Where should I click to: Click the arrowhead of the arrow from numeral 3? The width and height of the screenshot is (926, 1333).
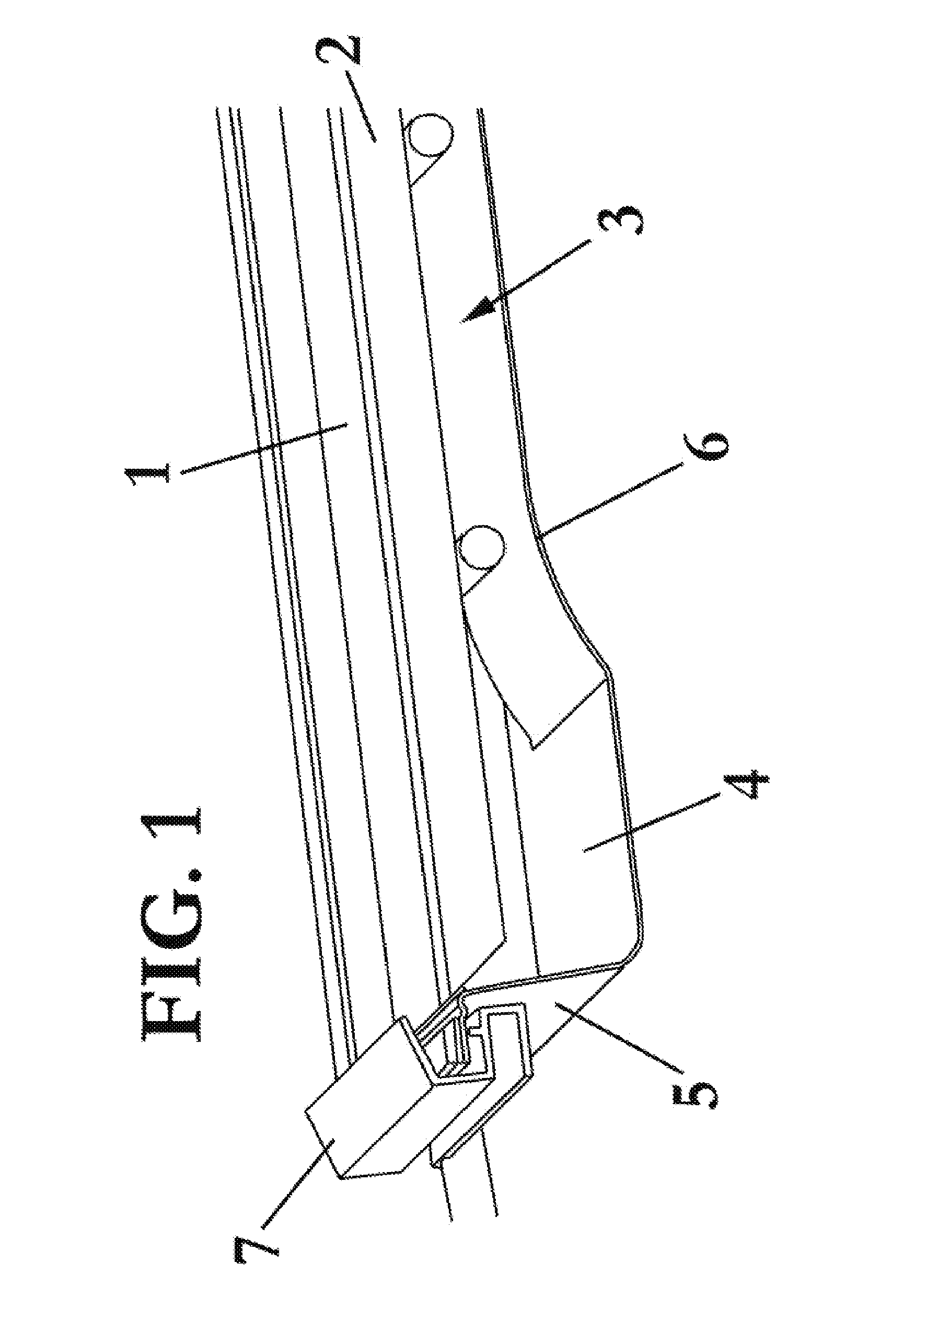(477, 310)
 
